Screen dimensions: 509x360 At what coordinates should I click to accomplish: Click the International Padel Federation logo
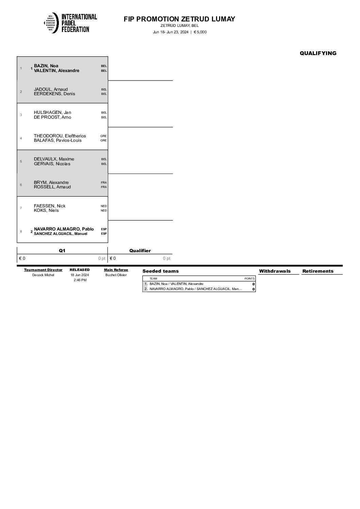pos(70,23)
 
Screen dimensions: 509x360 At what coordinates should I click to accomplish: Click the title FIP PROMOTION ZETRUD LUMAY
pos(179,19)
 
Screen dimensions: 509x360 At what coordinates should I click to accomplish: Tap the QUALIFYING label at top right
pos(318,53)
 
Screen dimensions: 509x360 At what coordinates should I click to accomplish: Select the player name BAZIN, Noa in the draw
pos(46,66)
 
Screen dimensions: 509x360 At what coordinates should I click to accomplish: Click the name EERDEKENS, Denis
pos(54,94)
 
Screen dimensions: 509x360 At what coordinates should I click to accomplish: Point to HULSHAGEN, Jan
pos(52,113)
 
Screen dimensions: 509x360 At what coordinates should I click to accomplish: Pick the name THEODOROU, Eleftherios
pos(60,136)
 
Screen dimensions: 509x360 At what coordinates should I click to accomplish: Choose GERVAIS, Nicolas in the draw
pos(52,164)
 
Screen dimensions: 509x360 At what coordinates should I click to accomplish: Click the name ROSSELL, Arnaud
pos(52,187)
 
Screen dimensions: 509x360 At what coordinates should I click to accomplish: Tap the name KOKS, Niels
pos(46,210)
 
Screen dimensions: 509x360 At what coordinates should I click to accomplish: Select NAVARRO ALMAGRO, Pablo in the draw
pos(64,229)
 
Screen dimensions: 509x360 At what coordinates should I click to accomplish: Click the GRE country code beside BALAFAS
pos(103,140)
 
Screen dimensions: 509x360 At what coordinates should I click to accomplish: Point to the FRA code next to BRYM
pos(104,183)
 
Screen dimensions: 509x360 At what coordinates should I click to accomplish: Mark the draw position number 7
pos(21,208)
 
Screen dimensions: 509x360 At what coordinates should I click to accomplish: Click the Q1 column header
pos(62,251)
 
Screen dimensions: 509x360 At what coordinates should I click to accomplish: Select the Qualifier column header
pos(140,251)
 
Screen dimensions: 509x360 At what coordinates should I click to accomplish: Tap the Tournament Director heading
pos(43,270)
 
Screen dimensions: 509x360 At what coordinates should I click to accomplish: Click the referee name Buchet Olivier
pos(116,275)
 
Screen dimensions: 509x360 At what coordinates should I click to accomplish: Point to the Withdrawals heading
pos(275,271)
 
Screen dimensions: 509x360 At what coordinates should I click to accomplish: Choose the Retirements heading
pos(318,271)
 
